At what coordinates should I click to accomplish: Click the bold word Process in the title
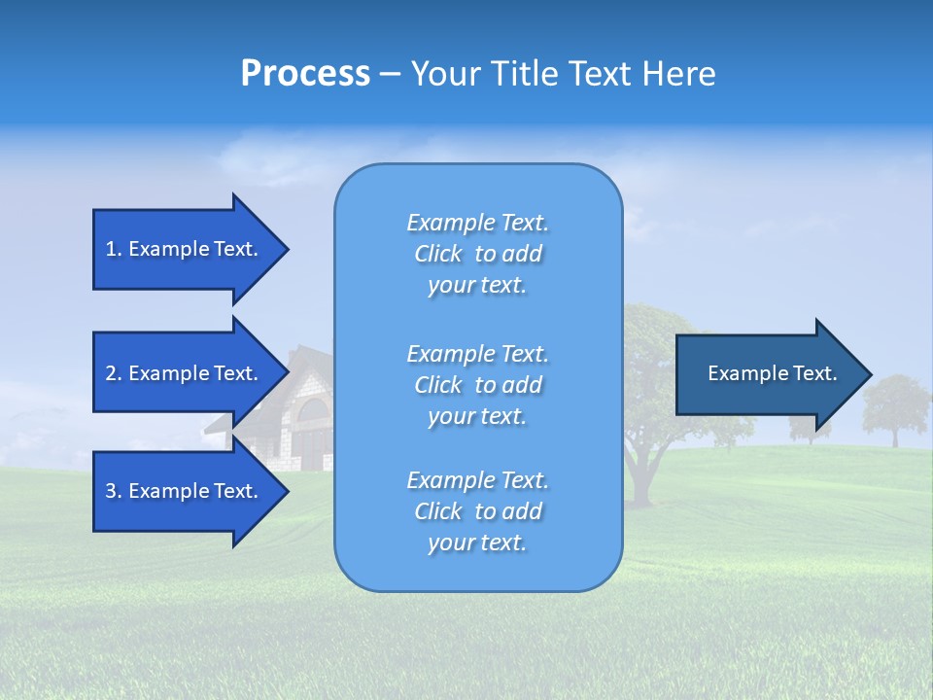tap(305, 74)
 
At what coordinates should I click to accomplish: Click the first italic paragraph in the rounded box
tap(477, 254)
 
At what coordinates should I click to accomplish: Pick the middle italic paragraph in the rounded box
tap(477, 385)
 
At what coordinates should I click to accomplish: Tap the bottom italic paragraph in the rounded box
tap(477, 511)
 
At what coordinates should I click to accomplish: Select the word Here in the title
tap(679, 74)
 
